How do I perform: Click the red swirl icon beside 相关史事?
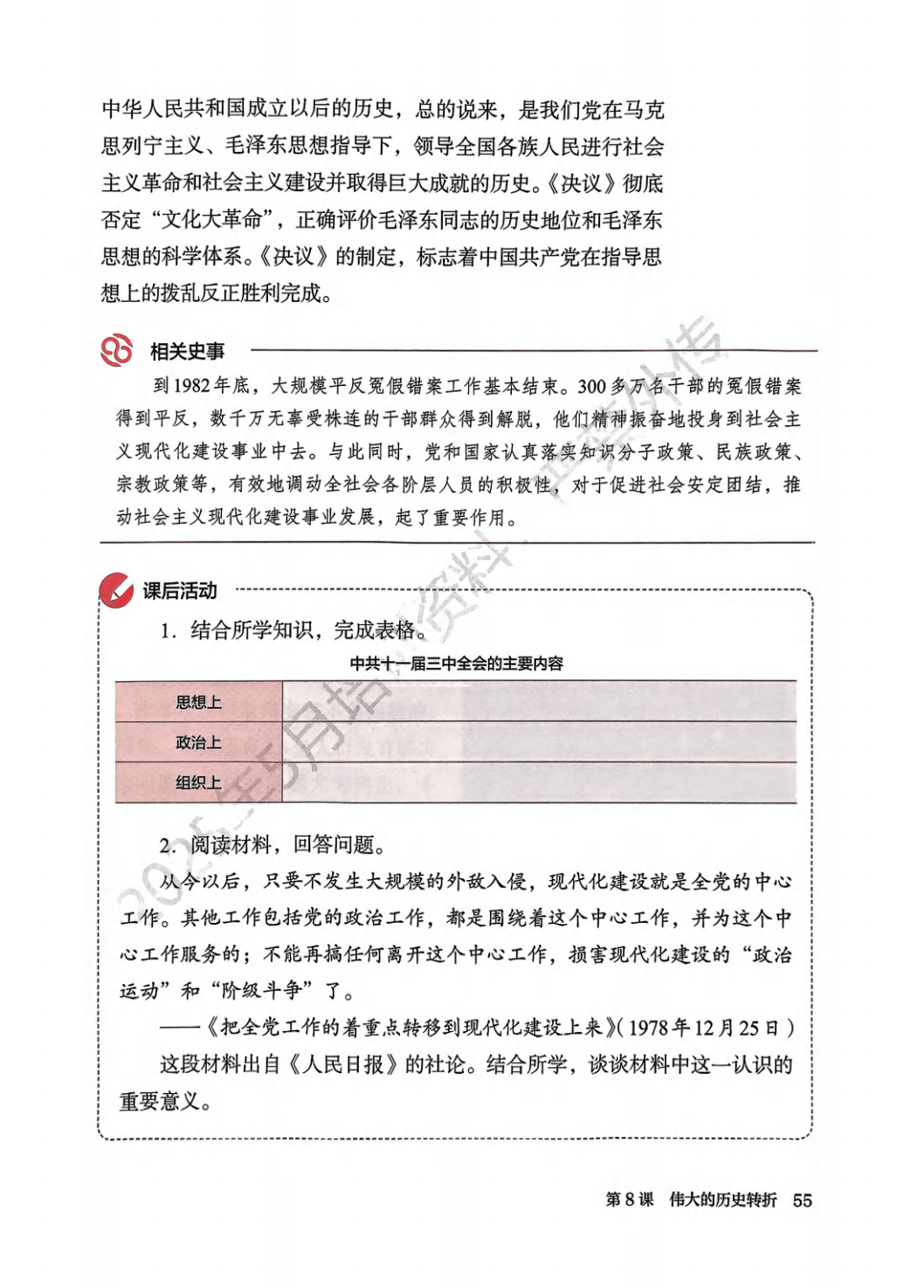tap(116, 350)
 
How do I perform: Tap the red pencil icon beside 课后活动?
tap(116, 591)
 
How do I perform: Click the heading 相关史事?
tap(187, 352)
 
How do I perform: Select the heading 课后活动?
tap(180, 591)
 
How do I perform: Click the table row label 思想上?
tap(198, 702)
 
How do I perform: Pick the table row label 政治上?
tap(198, 742)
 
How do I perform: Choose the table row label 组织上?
tap(198, 782)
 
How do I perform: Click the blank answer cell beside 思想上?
tap(538, 702)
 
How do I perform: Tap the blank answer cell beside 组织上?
tap(538, 782)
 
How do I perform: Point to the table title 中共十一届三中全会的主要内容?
tap(456, 664)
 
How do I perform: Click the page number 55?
tap(802, 1201)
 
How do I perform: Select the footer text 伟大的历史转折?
tap(722, 1200)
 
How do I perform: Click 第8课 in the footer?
tap(629, 1200)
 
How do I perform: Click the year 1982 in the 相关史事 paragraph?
tap(192, 387)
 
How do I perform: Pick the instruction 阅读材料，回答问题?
tap(287, 844)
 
